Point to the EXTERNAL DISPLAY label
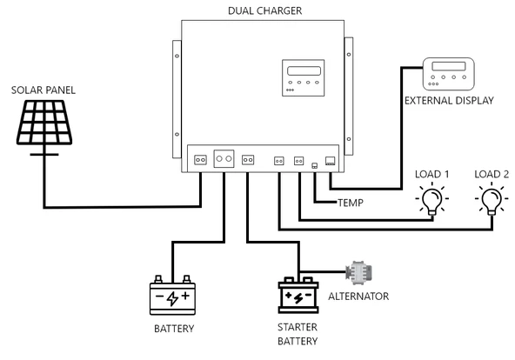(x=449, y=101)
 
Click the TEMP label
(x=350, y=203)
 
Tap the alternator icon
(x=357, y=271)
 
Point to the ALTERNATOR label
(x=359, y=297)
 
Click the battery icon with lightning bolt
(x=172, y=297)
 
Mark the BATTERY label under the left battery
(x=172, y=329)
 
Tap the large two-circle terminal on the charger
(x=224, y=159)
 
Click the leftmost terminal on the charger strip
(x=199, y=159)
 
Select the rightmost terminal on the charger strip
(x=330, y=160)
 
